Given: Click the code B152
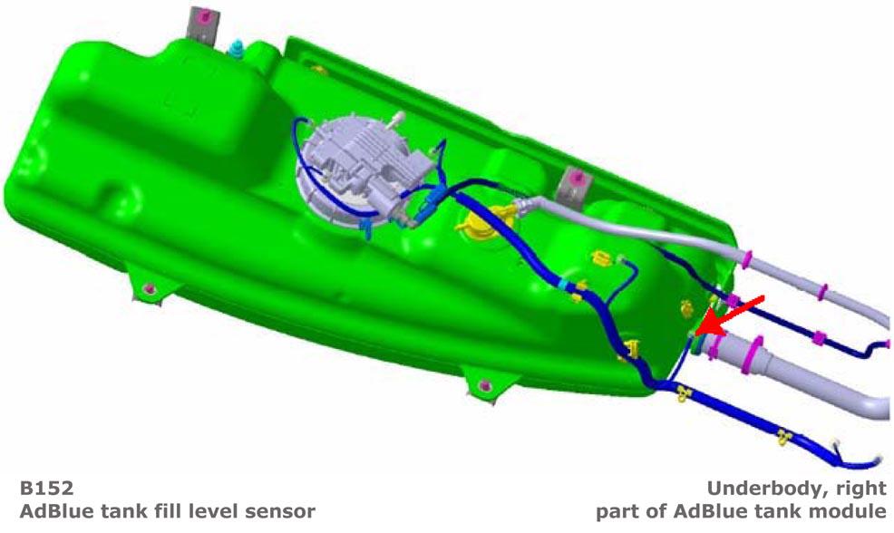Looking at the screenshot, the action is (x=47, y=489).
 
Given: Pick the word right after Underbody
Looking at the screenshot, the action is (x=861, y=489).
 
